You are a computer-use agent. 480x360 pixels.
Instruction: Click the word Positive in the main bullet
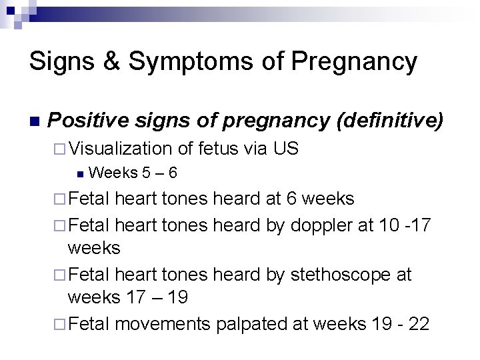(x=81, y=121)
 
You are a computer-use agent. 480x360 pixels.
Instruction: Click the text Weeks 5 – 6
(x=132, y=173)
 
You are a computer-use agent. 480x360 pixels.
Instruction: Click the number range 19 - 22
(x=400, y=324)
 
